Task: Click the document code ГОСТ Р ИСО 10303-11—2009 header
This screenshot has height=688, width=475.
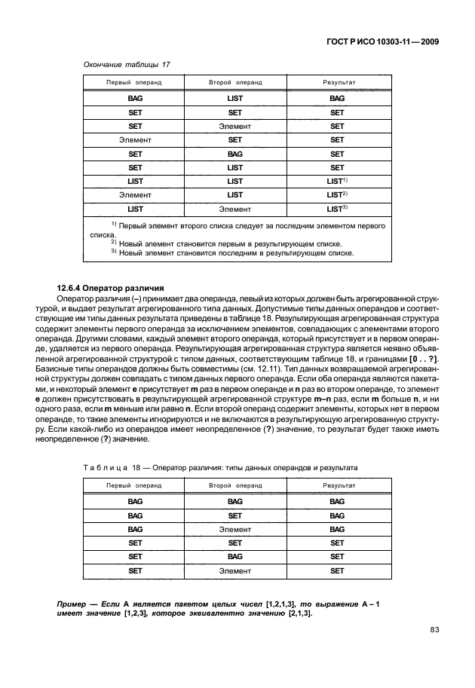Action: tap(382, 42)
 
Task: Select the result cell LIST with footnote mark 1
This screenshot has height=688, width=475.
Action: tap(336, 181)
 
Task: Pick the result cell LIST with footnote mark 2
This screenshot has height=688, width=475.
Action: tap(336, 194)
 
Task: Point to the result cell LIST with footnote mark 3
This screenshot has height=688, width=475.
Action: tap(336, 208)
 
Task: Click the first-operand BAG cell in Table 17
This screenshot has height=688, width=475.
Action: tap(136, 99)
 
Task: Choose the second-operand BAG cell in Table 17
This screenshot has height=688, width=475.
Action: tap(234, 154)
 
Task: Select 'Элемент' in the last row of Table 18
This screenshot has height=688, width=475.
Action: tap(234, 571)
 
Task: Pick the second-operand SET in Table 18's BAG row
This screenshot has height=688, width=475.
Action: tap(234, 515)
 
